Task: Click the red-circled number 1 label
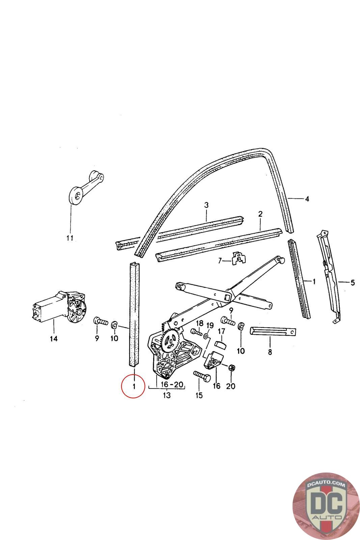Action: pos(134,386)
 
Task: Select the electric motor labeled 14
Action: pos(59,308)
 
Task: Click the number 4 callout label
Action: pos(307,199)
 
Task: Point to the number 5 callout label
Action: pos(353,282)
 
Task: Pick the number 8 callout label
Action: pos(270,352)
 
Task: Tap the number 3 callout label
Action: pos(206,205)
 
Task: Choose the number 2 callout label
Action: pos(260,214)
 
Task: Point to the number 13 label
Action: pos(167,395)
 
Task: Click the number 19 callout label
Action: pos(210,325)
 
